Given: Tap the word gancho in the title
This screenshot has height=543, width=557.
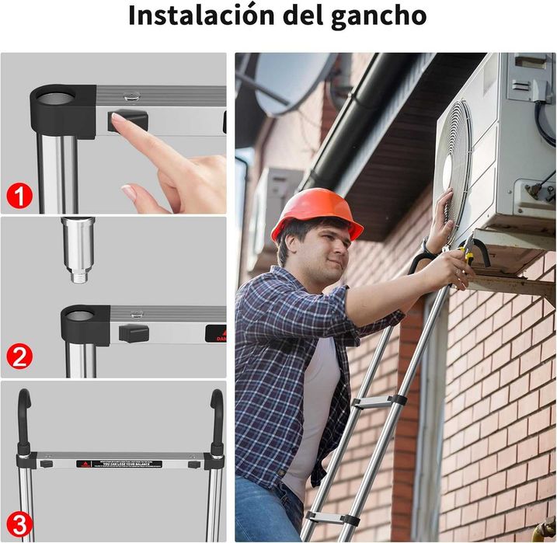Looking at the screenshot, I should pyautogui.click(x=384, y=16).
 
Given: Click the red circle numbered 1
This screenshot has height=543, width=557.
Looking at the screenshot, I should pyautogui.click(x=19, y=196).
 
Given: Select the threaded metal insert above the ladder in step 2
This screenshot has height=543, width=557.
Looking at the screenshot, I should pyautogui.click(x=78, y=249).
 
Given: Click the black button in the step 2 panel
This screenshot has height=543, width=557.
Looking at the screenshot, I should pyautogui.click(x=133, y=332).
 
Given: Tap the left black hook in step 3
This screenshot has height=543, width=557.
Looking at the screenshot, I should pyautogui.click(x=26, y=416).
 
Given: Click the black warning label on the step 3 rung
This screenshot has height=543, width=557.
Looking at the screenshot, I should pyautogui.click(x=117, y=465).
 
